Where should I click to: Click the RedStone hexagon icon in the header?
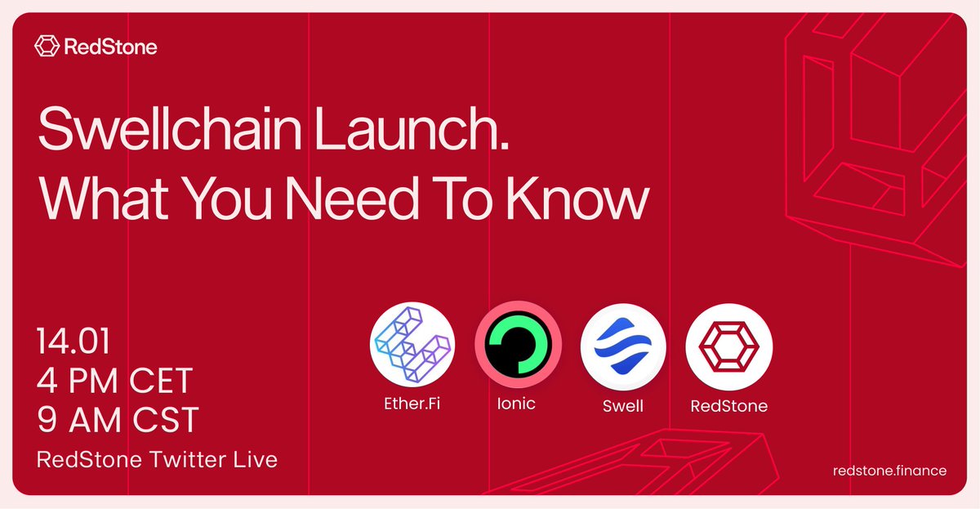click(47, 47)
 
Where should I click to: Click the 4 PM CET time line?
click(115, 380)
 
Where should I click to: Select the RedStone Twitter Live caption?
click(157, 459)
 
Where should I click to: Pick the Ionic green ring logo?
click(518, 344)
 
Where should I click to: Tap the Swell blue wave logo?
click(623, 344)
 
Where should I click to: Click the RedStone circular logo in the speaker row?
click(728, 344)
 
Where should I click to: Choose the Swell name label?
click(623, 405)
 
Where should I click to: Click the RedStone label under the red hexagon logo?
click(728, 405)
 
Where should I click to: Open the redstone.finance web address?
click(889, 471)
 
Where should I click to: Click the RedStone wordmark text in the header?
click(109, 47)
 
